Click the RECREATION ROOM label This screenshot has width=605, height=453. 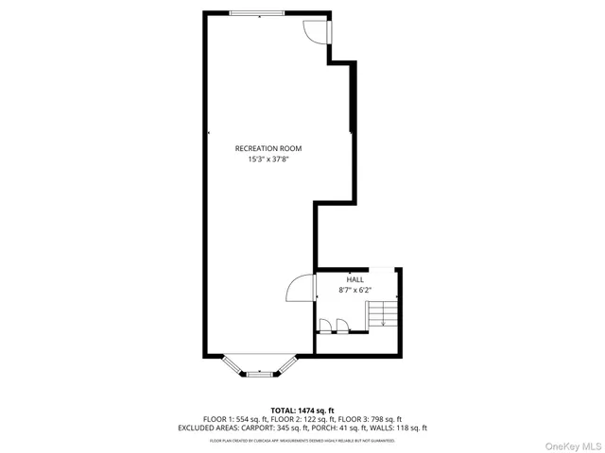(268, 148)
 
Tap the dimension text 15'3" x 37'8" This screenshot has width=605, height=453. (268, 159)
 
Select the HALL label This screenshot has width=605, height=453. (354, 279)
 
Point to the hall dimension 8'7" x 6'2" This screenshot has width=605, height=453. (354, 291)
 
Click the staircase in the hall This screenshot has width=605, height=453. (381, 311)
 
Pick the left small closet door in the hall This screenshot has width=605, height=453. (325, 327)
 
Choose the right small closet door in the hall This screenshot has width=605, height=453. (340, 327)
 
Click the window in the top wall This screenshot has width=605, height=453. (257, 12)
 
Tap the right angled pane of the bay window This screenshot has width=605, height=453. (286, 365)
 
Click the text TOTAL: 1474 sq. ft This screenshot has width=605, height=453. (302, 411)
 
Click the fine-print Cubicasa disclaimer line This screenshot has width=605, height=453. (302, 440)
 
